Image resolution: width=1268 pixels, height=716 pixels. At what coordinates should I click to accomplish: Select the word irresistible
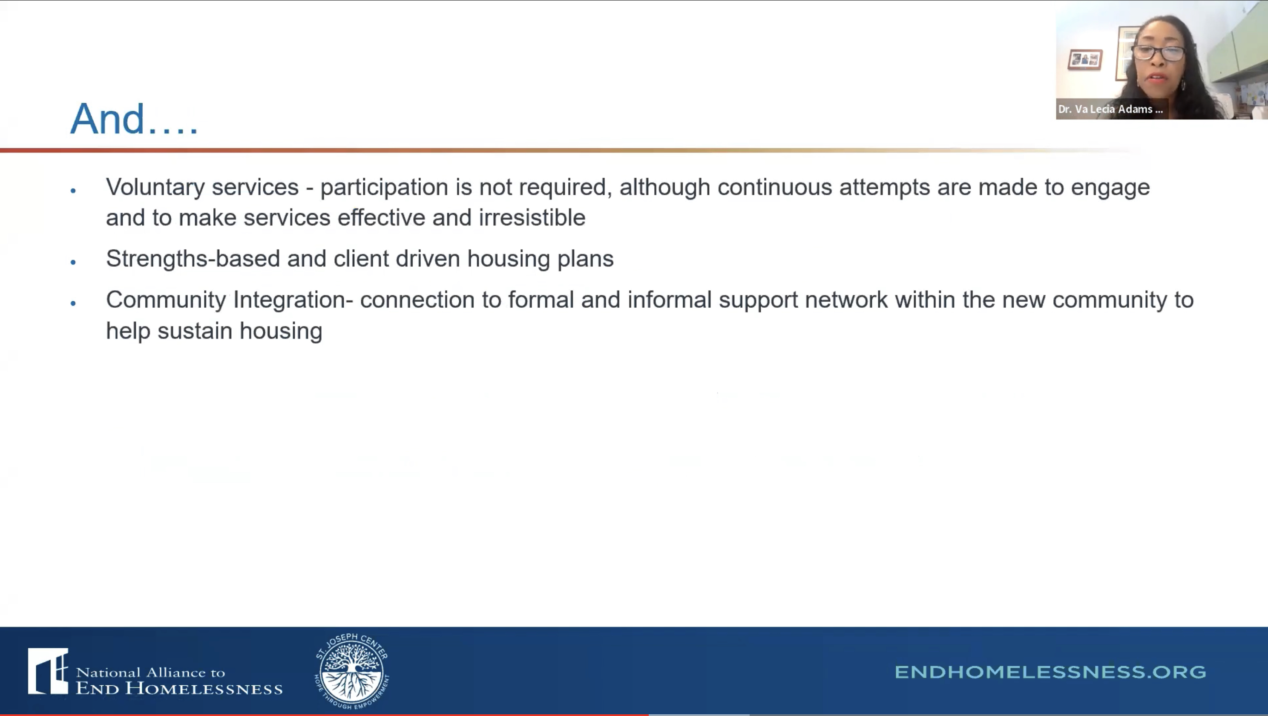click(x=532, y=217)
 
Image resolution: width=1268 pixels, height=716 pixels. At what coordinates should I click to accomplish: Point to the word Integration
click(x=290, y=300)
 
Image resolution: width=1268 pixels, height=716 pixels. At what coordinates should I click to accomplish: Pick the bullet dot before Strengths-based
click(x=73, y=262)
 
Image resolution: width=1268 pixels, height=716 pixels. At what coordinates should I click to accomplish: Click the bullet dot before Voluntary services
click(x=73, y=191)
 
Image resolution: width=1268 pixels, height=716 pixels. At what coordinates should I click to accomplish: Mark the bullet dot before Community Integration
click(x=73, y=303)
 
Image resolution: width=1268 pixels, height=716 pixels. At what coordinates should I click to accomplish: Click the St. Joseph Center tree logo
click(x=351, y=671)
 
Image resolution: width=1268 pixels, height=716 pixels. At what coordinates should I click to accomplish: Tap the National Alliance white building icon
click(x=48, y=671)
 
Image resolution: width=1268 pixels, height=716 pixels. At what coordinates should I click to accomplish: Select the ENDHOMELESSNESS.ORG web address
click(x=1050, y=672)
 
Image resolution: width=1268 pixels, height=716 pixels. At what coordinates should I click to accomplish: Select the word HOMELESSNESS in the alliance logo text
click(x=204, y=688)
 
